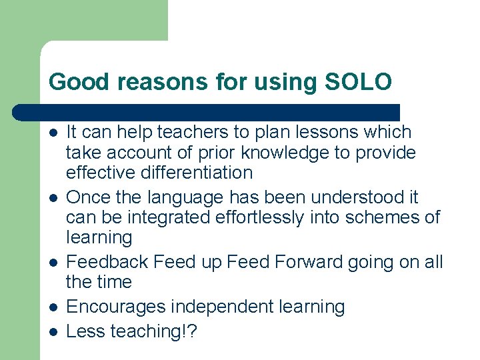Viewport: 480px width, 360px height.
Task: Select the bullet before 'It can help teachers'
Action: [53, 133]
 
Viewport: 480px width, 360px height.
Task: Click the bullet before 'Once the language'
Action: [53, 198]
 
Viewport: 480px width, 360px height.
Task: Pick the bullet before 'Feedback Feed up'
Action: [53, 263]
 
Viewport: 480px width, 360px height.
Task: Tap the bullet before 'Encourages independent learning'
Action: [53, 307]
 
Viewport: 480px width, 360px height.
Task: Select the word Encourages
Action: [117, 307]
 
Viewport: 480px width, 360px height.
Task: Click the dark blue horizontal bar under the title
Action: [207, 112]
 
